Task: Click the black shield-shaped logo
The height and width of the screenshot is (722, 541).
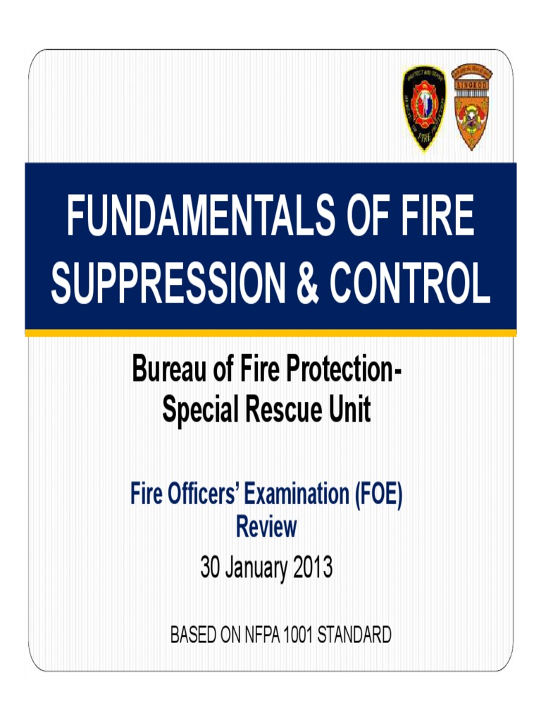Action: [x=423, y=108]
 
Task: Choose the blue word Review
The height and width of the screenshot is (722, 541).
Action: [x=266, y=527]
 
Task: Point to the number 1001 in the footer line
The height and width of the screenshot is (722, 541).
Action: [x=297, y=635]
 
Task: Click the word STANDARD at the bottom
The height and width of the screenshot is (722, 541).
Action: [x=354, y=635]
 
